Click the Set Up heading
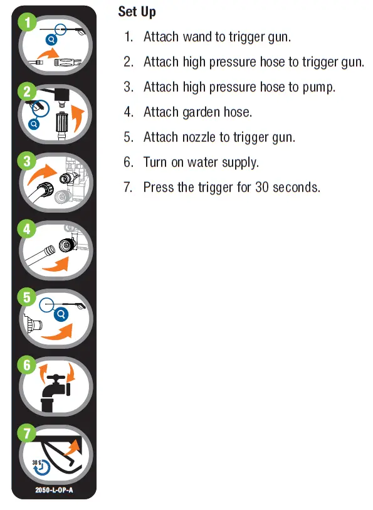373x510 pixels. point(137,12)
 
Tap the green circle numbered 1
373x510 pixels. point(27,23)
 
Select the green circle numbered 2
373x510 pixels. point(27,92)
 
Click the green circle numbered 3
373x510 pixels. point(27,161)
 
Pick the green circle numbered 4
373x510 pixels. point(27,229)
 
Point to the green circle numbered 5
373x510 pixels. point(27,297)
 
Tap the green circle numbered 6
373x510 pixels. point(27,364)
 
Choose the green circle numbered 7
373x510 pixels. point(27,432)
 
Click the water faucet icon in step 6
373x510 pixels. point(55,392)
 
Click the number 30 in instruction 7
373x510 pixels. point(262,188)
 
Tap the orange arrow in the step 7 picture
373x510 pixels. point(73,447)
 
